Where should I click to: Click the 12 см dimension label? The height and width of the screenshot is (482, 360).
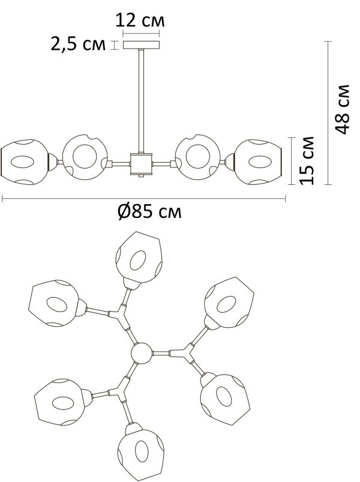click(140, 20)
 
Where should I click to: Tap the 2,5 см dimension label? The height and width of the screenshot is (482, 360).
click(78, 44)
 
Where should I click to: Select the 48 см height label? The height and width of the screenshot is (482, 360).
click(343, 109)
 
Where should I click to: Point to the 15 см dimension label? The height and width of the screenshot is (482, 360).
click(307, 160)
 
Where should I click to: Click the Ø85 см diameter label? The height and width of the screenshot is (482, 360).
click(149, 211)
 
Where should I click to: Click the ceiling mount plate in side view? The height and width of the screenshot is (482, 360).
click(141, 45)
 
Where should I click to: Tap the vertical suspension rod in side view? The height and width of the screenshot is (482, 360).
click(141, 101)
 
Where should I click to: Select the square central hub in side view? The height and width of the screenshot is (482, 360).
click(141, 164)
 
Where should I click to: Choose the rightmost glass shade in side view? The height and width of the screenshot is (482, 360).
click(259, 162)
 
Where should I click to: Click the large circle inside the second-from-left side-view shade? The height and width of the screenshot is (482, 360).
click(85, 156)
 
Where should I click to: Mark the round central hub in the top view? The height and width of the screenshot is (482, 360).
click(142, 354)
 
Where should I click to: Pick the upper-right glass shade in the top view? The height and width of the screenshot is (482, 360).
click(229, 303)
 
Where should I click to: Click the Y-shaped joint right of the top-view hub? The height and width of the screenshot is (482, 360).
click(184, 354)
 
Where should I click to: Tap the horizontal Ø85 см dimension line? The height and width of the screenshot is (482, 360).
click(144, 199)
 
